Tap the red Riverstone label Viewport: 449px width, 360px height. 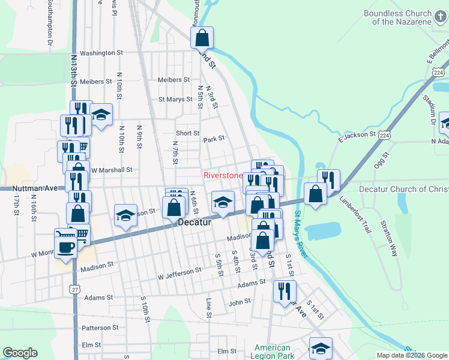(223, 176)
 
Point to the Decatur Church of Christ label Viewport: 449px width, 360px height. (403, 189)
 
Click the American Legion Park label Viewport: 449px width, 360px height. (273, 352)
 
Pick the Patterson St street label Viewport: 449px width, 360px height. (100, 328)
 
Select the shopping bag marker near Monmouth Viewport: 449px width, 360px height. (202, 38)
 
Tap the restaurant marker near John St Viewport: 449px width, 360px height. (285, 292)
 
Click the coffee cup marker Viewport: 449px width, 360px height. (66, 247)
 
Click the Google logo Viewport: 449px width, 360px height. (20, 353)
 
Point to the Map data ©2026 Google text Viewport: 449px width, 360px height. (411, 355)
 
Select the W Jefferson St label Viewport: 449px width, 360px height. (179, 274)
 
